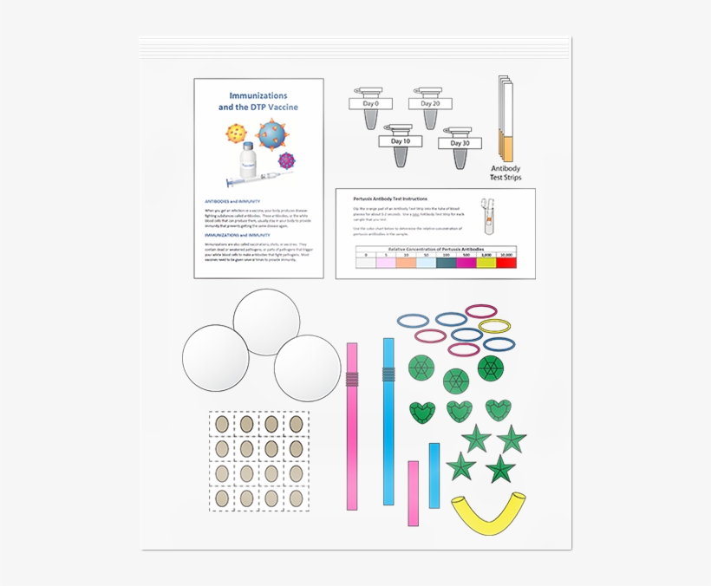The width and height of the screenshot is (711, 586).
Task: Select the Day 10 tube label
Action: (401, 141)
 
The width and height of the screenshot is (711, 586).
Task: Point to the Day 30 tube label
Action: (460, 143)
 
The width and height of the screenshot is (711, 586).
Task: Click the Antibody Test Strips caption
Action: (506, 173)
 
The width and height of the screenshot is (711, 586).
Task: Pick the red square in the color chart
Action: (506, 262)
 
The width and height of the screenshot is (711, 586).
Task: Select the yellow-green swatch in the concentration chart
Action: (486, 262)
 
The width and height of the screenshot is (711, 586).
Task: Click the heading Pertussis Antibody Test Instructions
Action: (390, 199)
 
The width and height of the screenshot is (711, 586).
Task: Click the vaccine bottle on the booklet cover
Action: (249, 159)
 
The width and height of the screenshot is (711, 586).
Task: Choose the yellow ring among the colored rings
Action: (494, 326)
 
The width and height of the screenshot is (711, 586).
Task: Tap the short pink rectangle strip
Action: (414, 492)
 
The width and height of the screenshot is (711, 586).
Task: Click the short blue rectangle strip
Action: (434, 475)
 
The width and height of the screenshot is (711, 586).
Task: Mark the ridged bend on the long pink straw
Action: (352, 378)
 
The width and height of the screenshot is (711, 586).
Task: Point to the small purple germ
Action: (287, 160)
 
